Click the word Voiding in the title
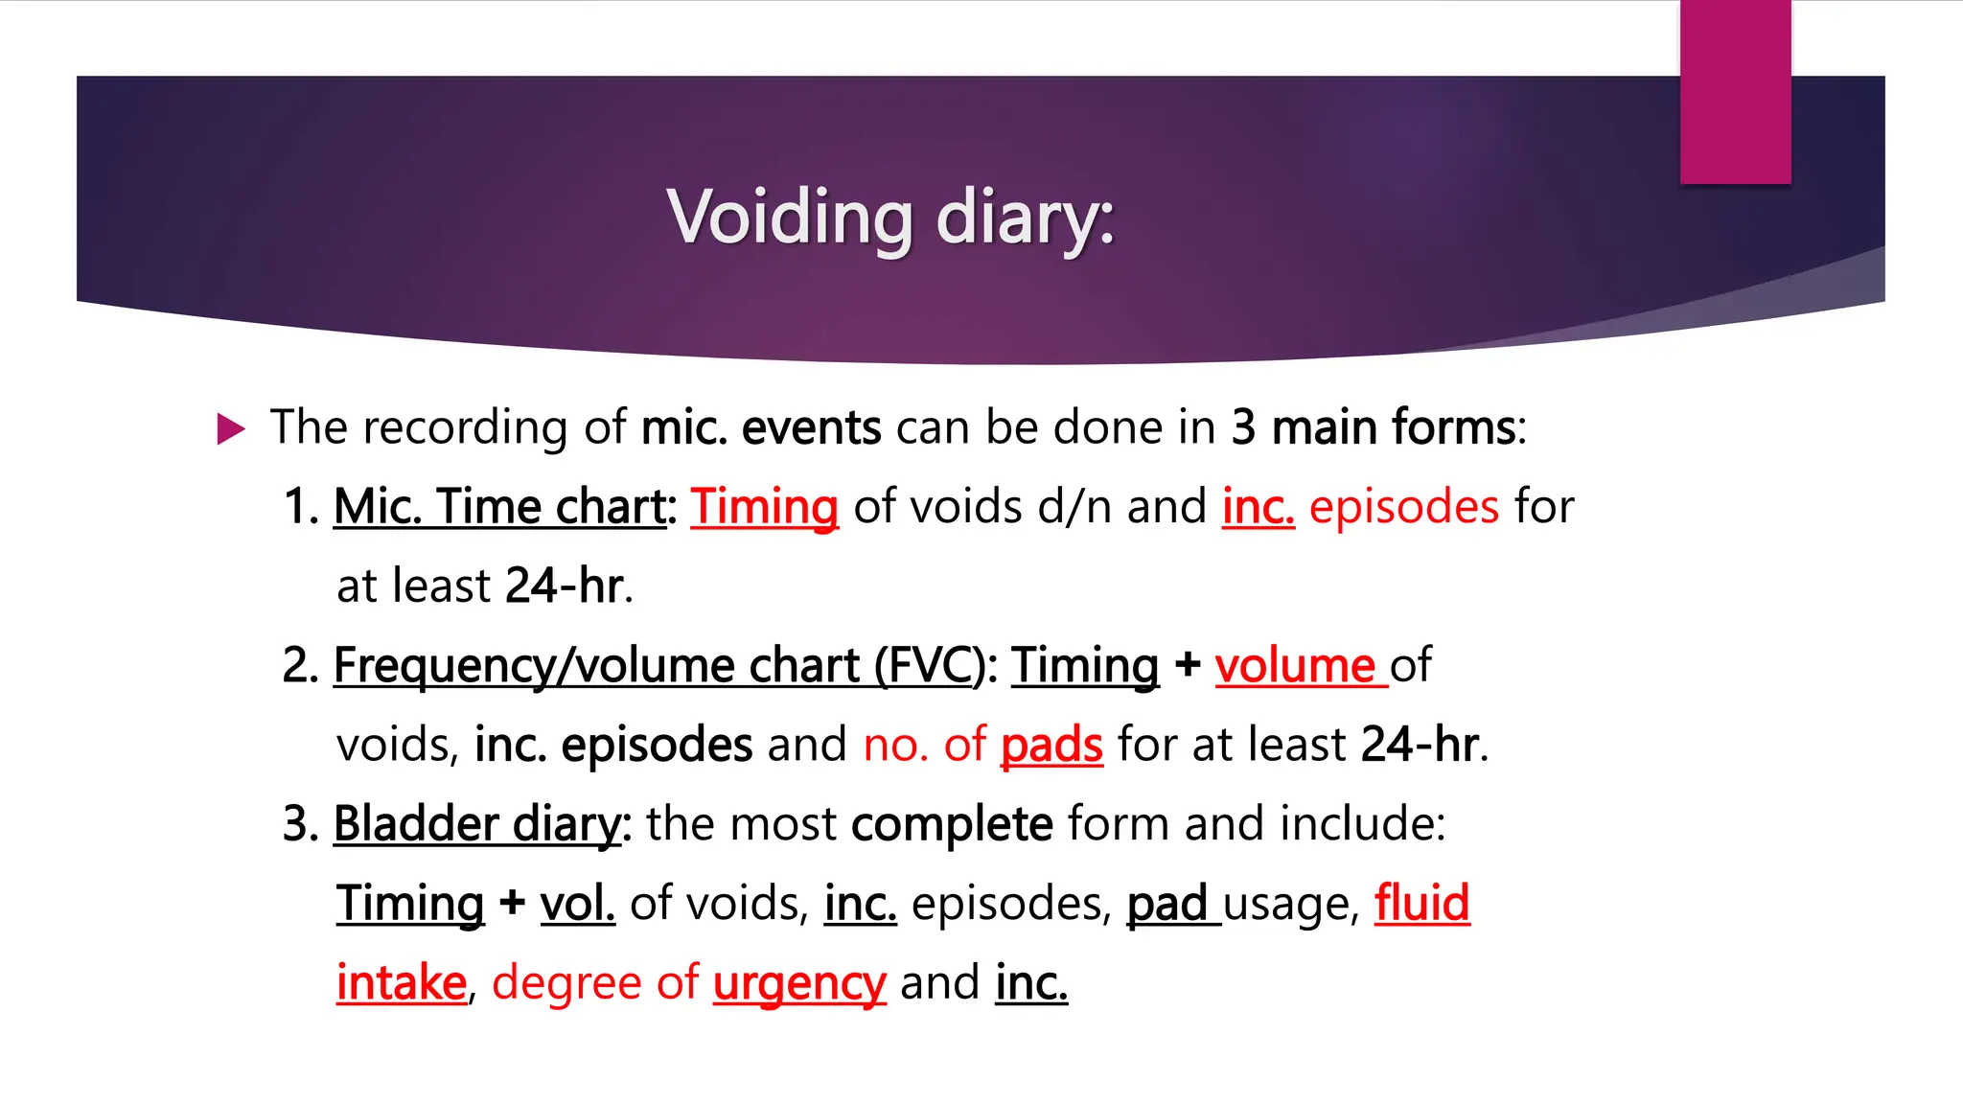790,217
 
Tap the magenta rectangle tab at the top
1735,92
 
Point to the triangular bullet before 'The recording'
230,428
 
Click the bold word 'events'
811,427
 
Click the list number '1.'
301,506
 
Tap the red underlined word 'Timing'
764,506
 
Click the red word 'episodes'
1403,506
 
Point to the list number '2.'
301,665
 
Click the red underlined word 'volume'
1295,665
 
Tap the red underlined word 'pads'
1051,745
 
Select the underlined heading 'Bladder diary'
477,824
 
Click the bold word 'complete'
952,824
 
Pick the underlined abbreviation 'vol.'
577,904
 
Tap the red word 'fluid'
1421,904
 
